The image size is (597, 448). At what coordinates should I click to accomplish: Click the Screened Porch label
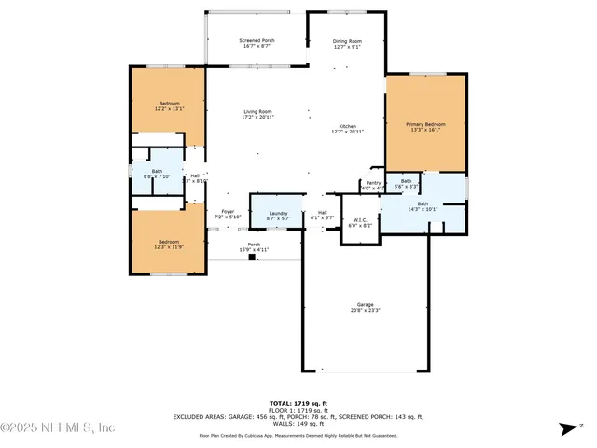tap(256, 41)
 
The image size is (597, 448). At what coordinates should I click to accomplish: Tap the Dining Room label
tap(347, 41)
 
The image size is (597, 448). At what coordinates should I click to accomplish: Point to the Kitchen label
tap(347, 126)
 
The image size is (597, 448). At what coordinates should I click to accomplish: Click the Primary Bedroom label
tap(424, 124)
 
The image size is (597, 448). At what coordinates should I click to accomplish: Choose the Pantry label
tap(373, 183)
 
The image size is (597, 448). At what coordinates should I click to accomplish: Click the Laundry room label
tap(278, 214)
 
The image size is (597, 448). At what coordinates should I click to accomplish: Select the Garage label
tap(365, 305)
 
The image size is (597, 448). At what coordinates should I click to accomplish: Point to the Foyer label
tap(228, 212)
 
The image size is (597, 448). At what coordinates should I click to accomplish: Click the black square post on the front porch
tap(252, 258)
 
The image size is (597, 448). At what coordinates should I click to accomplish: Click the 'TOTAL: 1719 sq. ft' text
tap(298, 402)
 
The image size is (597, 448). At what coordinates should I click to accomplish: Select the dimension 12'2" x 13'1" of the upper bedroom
tap(169, 108)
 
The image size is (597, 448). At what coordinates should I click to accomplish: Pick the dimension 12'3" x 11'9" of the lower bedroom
tap(169, 246)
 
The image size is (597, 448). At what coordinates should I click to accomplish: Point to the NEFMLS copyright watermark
tap(58, 427)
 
